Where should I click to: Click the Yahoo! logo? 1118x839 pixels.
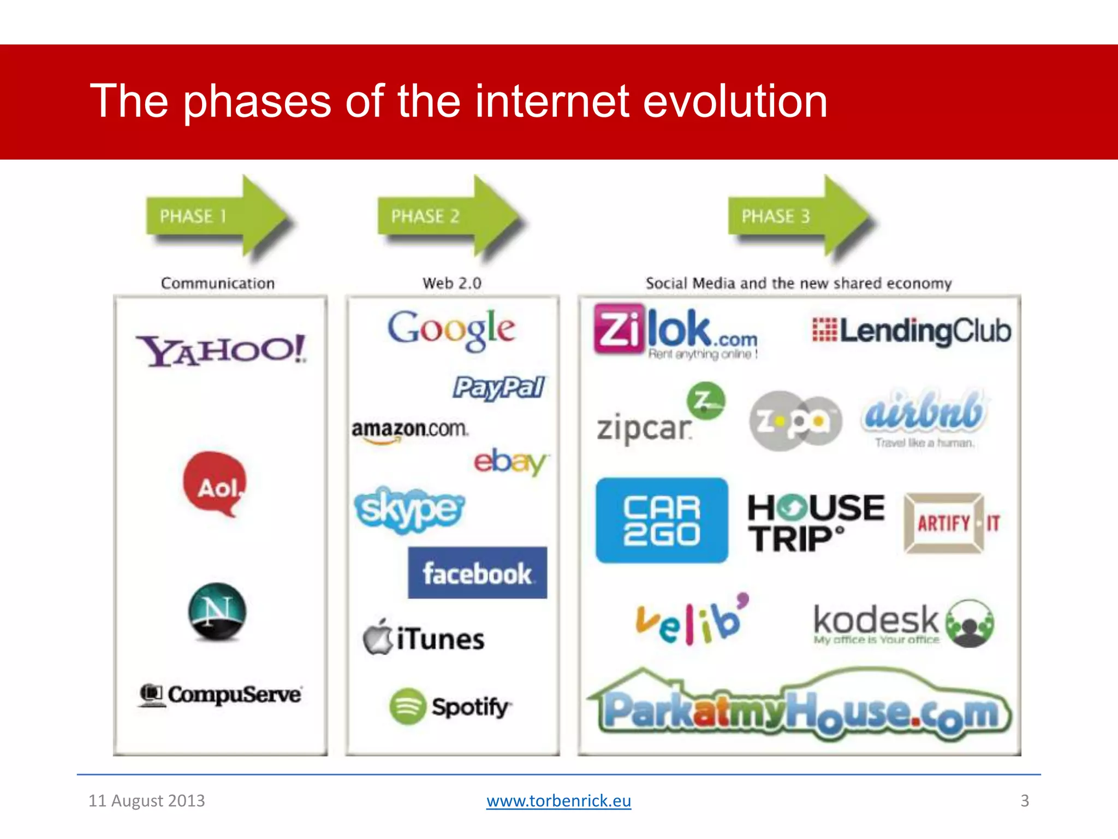coord(221,350)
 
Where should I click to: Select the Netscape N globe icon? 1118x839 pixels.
coord(217,612)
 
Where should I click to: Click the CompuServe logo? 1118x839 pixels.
coord(221,695)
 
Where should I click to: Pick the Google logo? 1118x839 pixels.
coord(451,329)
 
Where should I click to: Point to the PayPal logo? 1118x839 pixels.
coord(498,388)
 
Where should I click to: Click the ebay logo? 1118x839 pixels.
coord(510,462)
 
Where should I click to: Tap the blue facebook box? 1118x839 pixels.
coord(477,573)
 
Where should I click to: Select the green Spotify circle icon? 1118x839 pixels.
coord(407,706)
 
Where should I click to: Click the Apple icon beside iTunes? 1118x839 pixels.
coord(378,637)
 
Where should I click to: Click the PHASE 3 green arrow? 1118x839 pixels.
coord(800,216)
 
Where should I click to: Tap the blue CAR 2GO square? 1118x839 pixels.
coord(662,521)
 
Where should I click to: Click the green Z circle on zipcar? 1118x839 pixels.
coord(706,400)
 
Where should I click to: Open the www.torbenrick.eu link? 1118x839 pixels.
coord(558,801)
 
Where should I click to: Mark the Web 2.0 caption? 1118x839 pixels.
coord(452,283)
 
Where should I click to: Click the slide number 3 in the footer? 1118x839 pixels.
coord(1025,801)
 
